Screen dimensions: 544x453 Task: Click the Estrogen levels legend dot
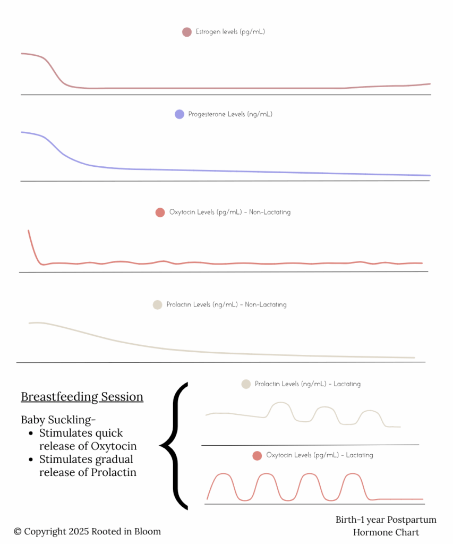(186, 32)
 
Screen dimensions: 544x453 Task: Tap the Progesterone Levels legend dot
(180, 114)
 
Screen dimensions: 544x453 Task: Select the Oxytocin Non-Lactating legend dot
(160, 212)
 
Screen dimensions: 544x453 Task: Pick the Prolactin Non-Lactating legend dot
(157, 305)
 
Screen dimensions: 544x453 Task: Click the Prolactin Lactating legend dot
(246, 384)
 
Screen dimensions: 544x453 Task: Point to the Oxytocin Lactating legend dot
(257, 455)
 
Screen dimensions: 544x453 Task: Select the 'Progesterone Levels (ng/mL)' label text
(230, 114)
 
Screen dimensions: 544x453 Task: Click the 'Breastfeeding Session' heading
(82, 397)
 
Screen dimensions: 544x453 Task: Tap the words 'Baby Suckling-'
(58, 420)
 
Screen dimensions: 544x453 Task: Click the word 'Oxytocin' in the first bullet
(116, 446)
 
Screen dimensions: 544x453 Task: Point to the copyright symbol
(18, 531)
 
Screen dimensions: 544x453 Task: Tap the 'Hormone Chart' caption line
(386, 532)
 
